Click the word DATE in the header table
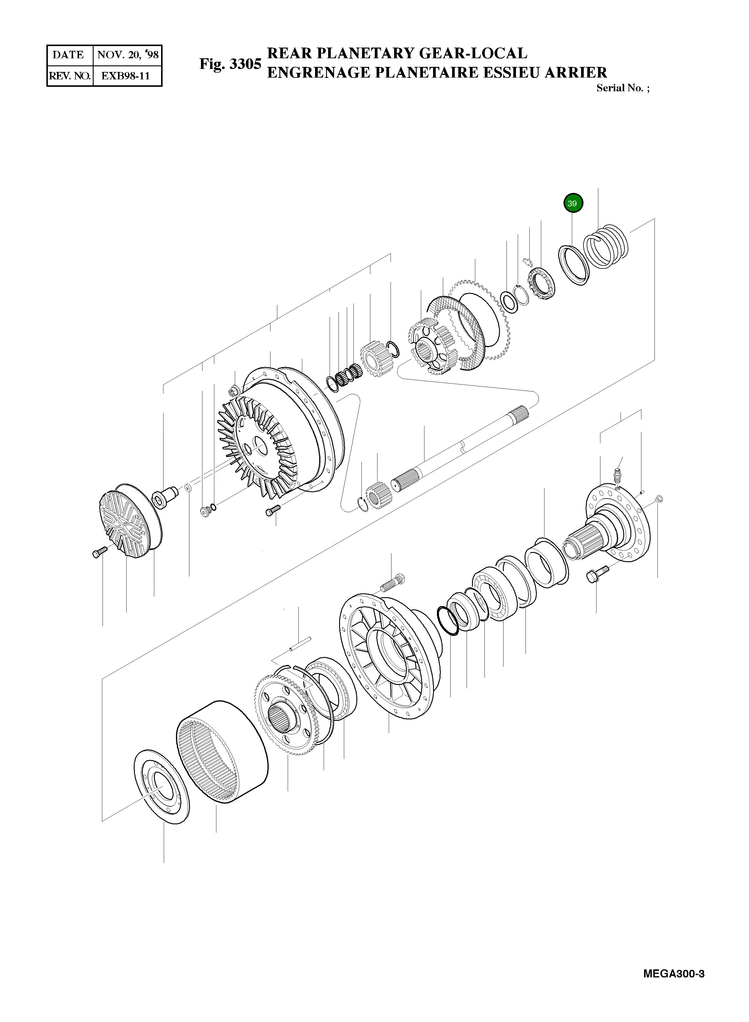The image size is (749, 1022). [68, 55]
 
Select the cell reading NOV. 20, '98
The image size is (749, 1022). [128, 55]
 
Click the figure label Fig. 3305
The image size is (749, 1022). [230, 64]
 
